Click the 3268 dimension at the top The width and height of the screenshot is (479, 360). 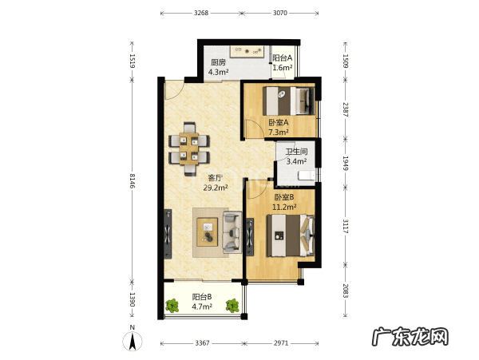[201, 13]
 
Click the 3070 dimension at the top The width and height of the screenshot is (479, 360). [280, 13]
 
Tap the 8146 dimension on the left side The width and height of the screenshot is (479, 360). [132, 180]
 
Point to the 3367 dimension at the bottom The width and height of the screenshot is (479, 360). [202, 343]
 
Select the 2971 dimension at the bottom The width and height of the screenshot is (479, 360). [281, 343]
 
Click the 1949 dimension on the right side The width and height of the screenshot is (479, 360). [345, 163]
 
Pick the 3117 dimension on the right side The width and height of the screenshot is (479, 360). [345, 226]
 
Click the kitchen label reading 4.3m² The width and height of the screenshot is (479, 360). [219, 72]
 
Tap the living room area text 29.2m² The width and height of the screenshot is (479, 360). [216, 188]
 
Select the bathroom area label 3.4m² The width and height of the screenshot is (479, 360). [296, 161]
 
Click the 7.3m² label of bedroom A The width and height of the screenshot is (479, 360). [279, 133]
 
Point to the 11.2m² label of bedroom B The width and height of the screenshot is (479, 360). [284, 207]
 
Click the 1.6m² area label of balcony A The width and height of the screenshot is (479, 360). [283, 68]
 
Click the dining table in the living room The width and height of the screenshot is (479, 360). [189, 148]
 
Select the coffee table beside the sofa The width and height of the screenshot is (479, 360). [208, 232]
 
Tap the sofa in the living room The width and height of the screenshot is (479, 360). [232, 231]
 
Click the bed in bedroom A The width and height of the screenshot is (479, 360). [288, 101]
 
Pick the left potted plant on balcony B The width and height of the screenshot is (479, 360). [172, 306]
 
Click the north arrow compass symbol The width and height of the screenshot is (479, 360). [133, 341]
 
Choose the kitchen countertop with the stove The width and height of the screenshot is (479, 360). [247, 51]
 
